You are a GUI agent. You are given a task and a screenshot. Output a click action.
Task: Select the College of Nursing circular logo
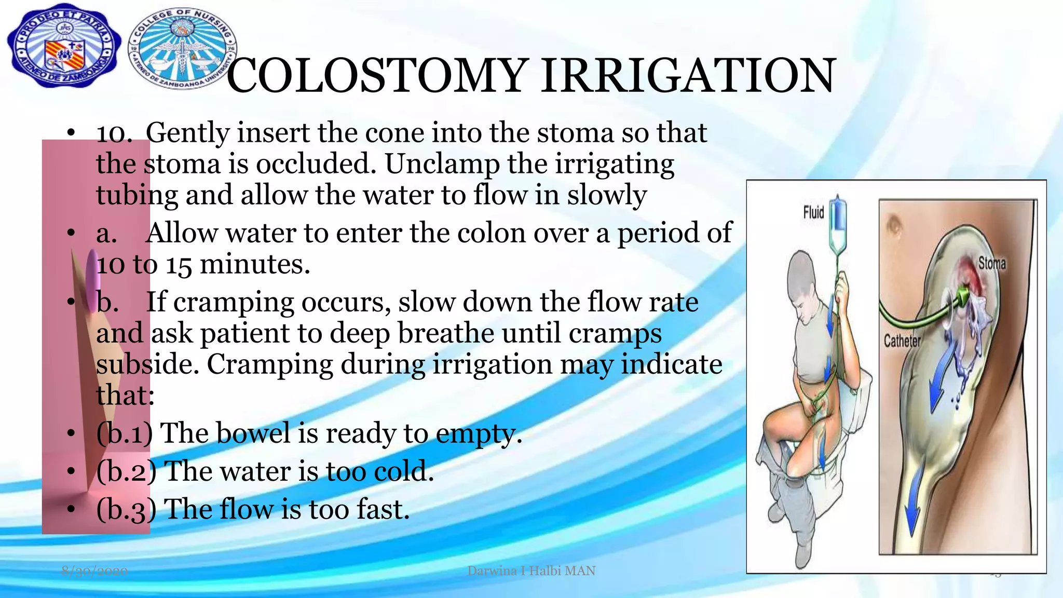pos(182,49)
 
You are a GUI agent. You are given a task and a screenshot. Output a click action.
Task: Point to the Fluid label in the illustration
pos(813,212)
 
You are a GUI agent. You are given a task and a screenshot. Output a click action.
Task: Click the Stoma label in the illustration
pos(992,264)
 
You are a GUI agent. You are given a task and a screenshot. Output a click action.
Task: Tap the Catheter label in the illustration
pos(902,341)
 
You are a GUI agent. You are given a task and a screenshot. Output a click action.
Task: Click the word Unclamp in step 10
pos(441,165)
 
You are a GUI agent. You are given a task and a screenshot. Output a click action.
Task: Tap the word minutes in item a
pos(254,265)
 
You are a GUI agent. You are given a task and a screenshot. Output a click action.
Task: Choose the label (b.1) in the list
pos(125,433)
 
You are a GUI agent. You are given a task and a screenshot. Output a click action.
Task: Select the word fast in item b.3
pos(382,509)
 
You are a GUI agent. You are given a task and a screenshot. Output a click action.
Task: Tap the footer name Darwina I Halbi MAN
pos(531,571)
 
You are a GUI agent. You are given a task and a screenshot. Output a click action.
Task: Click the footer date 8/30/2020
pos(94,571)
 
